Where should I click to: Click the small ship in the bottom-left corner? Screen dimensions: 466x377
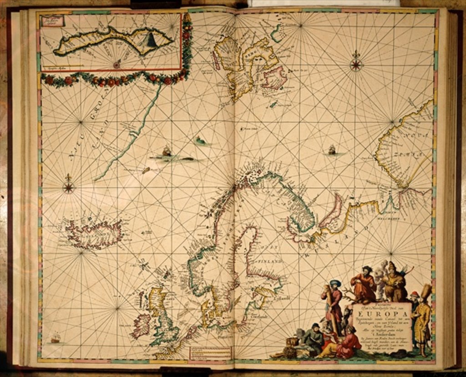tap(55, 338)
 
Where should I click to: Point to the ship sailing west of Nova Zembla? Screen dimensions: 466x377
tap(332, 149)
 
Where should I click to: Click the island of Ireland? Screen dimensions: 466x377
tap(142, 325)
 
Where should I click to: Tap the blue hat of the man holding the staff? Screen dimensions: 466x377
tap(335, 283)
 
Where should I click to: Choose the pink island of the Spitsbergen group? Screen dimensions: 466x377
tap(274, 77)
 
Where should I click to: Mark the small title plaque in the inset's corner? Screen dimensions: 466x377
tap(52, 20)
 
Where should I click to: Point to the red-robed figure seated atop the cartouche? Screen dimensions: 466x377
tap(364, 285)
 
